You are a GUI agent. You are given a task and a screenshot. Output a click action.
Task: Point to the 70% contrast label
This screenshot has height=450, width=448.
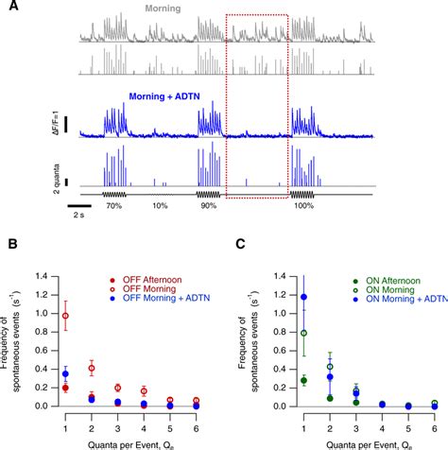click(x=114, y=204)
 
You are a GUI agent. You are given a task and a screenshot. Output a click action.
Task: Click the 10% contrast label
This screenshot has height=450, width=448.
click(x=160, y=204)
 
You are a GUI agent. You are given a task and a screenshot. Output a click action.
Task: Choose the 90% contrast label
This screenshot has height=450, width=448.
click(x=209, y=204)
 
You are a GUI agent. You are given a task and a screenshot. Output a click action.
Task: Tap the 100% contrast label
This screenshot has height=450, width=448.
click(x=303, y=204)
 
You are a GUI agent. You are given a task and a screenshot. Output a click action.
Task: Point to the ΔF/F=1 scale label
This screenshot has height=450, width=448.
click(x=58, y=123)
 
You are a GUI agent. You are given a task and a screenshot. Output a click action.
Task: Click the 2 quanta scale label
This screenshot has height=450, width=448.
click(x=58, y=172)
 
